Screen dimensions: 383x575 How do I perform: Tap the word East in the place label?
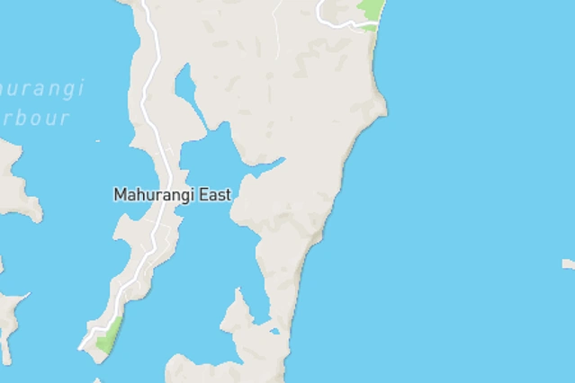(x=215, y=194)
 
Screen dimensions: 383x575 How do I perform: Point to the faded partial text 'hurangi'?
(x=42, y=89)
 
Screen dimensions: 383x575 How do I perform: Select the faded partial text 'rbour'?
(x=35, y=118)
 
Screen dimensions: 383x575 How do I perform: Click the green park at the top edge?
(x=370, y=12)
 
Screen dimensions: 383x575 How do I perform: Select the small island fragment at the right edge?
(x=569, y=264)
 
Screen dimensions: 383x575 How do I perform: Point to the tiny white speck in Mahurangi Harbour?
(x=98, y=141)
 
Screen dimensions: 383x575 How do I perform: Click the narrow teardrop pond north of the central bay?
(x=185, y=85)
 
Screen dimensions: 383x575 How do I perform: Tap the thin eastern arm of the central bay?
(x=270, y=164)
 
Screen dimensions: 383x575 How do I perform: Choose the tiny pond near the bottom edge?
(x=274, y=331)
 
